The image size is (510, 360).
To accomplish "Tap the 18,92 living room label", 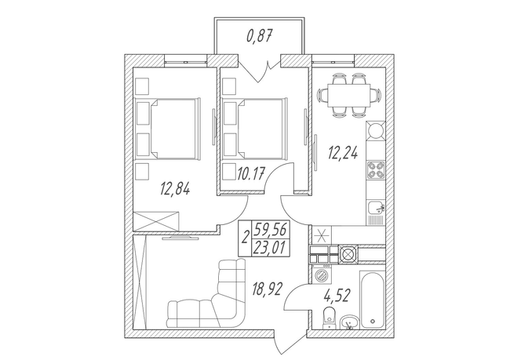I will coord(267,289).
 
